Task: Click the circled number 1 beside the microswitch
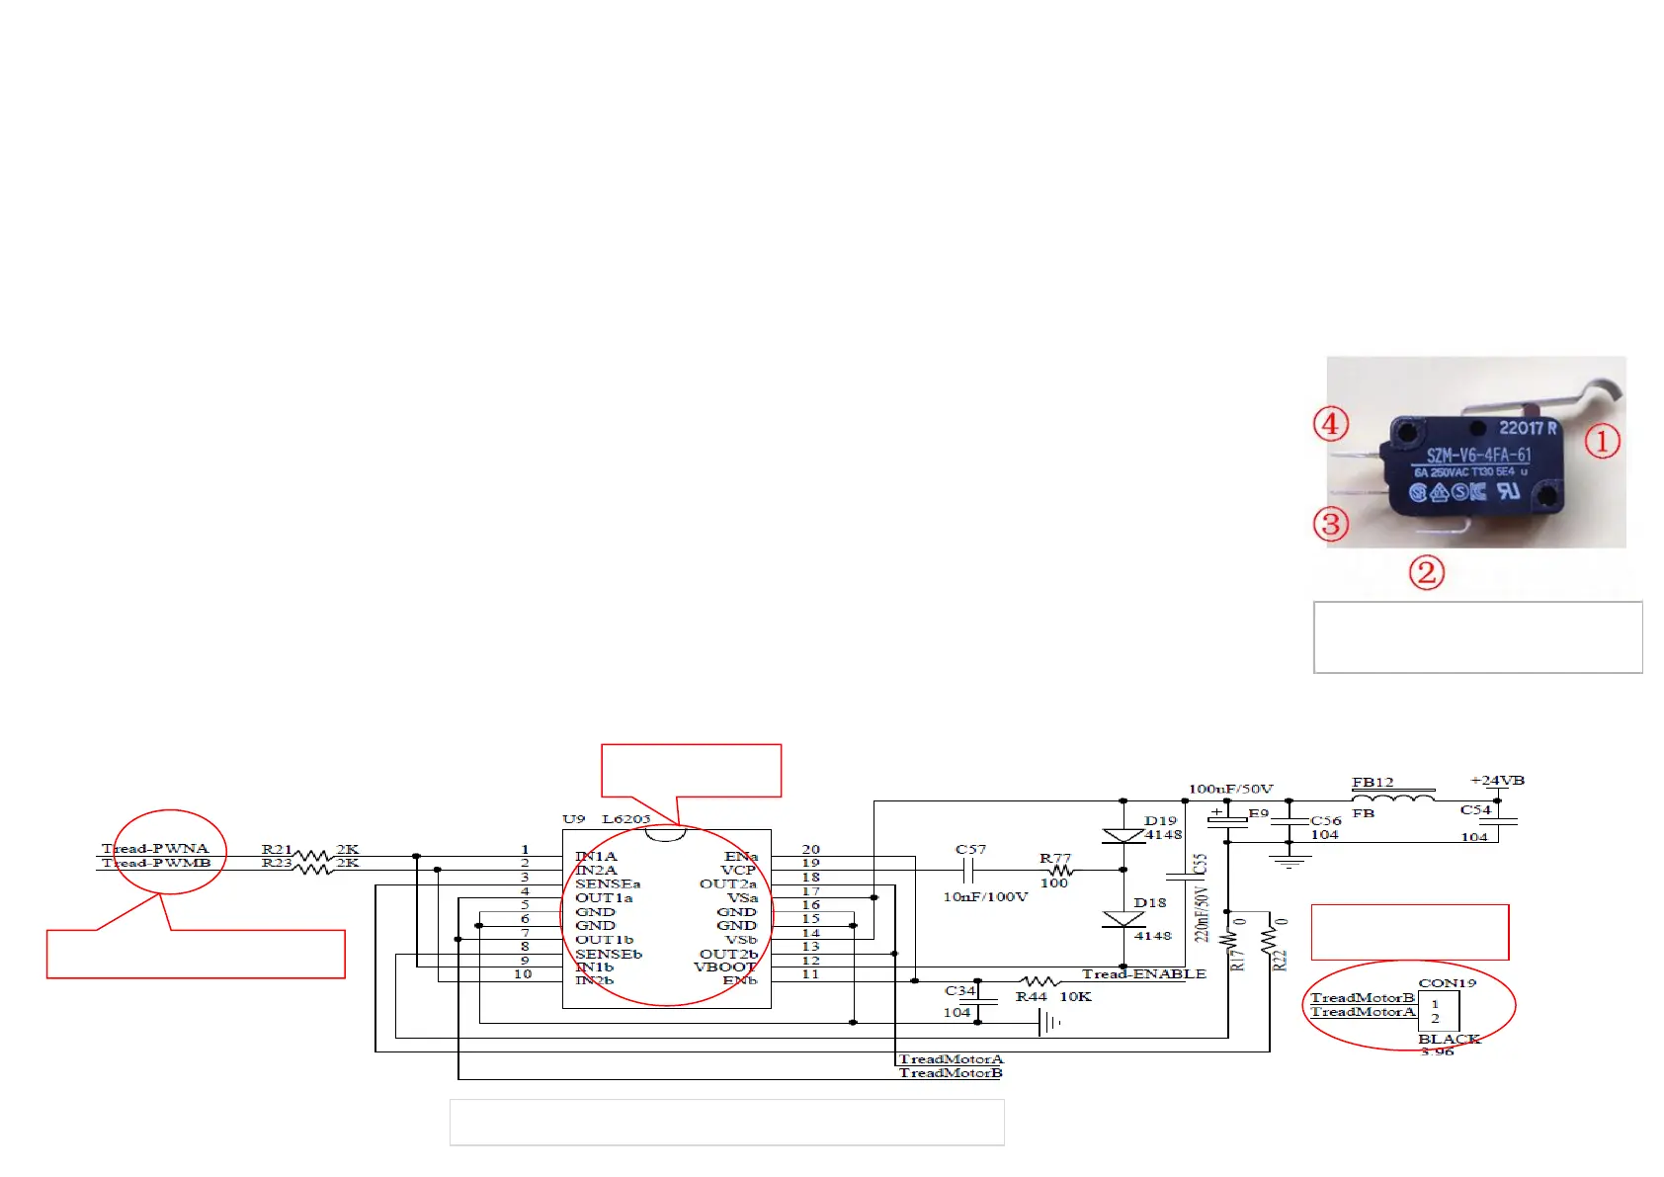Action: [x=1602, y=441]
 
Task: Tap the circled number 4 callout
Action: [x=1331, y=424]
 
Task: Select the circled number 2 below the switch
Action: [x=1426, y=572]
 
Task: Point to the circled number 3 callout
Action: [x=1331, y=523]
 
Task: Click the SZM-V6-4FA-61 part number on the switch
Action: [x=1478, y=456]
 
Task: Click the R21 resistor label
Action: [x=277, y=849]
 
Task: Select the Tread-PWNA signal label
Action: [x=155, y=848]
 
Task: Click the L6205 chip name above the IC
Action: [x=626, y=819]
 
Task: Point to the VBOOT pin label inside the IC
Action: [x=724, y=967]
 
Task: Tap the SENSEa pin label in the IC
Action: [x=608, y=883]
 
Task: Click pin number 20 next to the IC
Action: [x=810, y=849]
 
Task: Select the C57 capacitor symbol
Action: [x=969, y=871]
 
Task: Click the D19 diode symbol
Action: [x=1123, y=836]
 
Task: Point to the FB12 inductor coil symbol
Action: [x=1392, y=799]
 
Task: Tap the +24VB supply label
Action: [x=1497, y=781]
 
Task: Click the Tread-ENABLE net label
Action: [x=1143, y=974]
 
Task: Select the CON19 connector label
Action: [x=1447, y=983]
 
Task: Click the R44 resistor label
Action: [x=1031, y=997]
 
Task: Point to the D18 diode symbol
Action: [x=1123, y=919]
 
